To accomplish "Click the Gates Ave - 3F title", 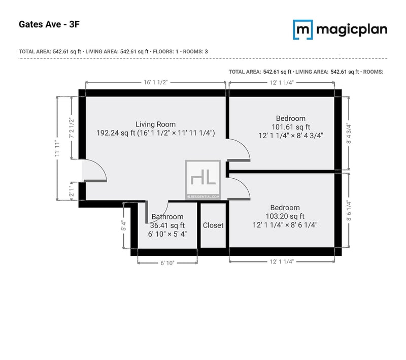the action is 49,24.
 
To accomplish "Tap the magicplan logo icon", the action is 302,29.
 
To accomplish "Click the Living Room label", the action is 156,124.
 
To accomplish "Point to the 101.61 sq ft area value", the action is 291,127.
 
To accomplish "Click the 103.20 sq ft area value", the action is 285,216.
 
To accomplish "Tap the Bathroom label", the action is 167,216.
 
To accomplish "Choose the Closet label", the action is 213,225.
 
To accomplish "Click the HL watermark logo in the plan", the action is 203,179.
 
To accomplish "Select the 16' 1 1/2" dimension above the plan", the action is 156,82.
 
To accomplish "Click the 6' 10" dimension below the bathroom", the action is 167,263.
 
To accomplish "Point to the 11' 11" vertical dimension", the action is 57,148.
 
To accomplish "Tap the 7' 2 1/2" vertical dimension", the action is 72,128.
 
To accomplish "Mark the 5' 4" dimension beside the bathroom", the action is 124,225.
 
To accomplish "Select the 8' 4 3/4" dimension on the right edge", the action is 349,134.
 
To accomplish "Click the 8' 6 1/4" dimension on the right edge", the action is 349,211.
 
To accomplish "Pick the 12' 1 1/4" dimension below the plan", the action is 282,261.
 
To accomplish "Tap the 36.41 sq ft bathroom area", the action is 167,225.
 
